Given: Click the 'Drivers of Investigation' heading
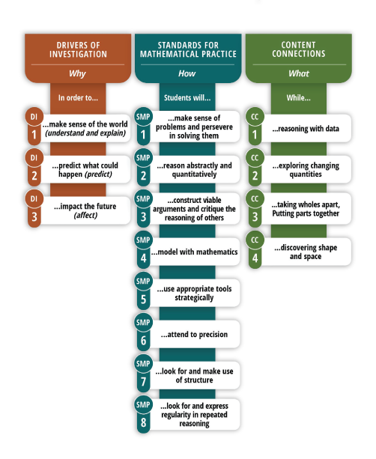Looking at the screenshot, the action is pyautogui.click(x=78, y=49).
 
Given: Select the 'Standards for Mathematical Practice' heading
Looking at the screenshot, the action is pyautogui.click(x=188, y=49).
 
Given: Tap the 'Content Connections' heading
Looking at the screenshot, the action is pyautogui.click(x=299, y=49).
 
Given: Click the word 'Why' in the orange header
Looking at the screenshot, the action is pyautogui.click(x=77, y=73).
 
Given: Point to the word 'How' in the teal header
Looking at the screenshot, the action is pyautogui.click(x=187, y=73).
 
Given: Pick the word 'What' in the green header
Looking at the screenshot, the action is pyautogui.click(x=299, y=73).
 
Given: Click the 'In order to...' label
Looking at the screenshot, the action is pyautogui.click(x=78, y=98).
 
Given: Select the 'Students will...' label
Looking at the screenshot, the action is pyautogui.click(x=187, y=98).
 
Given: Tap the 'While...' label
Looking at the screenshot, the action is pyautogui.click(x=298, y=98).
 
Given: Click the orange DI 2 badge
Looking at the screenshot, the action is pyautogui.click(x=34, y=168).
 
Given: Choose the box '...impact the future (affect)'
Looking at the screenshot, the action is pyautogui.click(x=85, y=210).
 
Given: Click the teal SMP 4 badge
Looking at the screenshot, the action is pyautogui.click(x=143, y=249).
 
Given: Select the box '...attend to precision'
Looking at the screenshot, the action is pyautogui.click(x=194, y=334).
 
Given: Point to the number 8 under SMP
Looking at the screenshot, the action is pyautogui.click(x=143, y=422).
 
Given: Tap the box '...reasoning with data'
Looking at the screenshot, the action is pyautogui.click(x=306, y=128).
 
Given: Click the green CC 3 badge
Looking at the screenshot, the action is pyautogui.click(x=255, y=209).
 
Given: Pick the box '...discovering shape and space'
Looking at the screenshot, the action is pyautogui.click(x=306, y=252).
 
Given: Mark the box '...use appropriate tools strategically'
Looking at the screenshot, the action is pyautogui.click(x=194, y=293).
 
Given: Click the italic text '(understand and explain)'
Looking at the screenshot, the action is pyautogui.click(x=85, y=133).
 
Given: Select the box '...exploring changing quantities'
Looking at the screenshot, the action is pyautogui.click(x=306, y=169).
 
